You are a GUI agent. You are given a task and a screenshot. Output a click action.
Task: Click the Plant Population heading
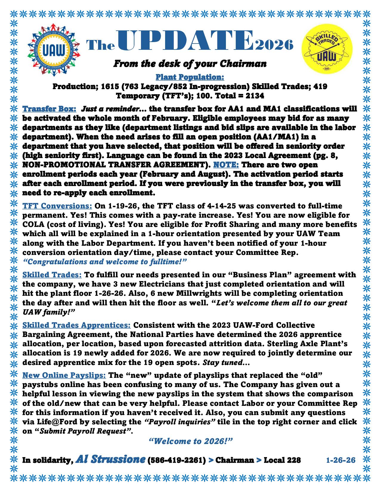pos(190,77)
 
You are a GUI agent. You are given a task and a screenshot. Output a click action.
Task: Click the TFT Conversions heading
pos(57,206)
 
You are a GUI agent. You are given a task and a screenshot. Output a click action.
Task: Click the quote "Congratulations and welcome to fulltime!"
pos(105,262)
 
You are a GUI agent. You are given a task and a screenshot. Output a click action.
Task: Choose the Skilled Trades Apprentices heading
pos(77,325)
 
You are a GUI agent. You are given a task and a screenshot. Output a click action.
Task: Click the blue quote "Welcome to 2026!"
pos(190,441)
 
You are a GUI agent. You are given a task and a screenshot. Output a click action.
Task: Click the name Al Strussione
pos(111,459)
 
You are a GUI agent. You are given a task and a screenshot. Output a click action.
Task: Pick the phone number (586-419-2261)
pos(177,460)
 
